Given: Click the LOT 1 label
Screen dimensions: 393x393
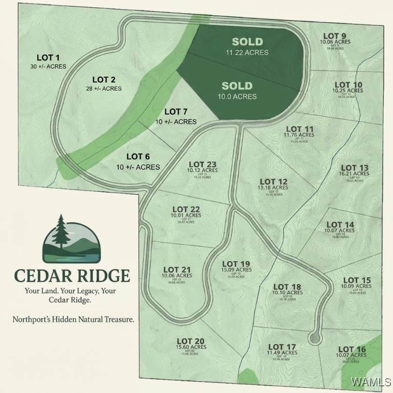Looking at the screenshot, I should coord(48,57).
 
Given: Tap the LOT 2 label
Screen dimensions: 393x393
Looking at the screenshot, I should coord(103,79).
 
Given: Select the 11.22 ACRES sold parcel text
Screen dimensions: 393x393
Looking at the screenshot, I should coord(247,52).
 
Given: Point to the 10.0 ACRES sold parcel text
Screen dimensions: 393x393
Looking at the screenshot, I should coord(237,96).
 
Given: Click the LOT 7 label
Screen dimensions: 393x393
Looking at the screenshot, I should coord(176,112).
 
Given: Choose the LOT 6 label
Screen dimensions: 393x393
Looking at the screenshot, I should coord(138,157).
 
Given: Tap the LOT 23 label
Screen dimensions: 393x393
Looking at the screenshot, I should coord(202,164).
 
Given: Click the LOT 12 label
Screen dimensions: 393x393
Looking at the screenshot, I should coord(274,182).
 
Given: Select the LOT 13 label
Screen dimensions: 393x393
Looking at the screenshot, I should coord(354,168).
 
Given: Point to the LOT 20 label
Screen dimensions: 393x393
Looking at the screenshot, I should coord(191,341).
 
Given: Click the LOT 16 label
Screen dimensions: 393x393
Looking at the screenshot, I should coord(351,349).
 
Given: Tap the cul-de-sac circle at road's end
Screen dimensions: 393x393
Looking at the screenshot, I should coord(314,338).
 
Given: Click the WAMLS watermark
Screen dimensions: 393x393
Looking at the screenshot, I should coord(375,382).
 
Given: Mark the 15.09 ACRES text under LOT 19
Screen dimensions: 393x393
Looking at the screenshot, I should coord(236,270).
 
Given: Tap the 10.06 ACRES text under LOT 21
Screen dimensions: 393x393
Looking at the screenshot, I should coord(177,275).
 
